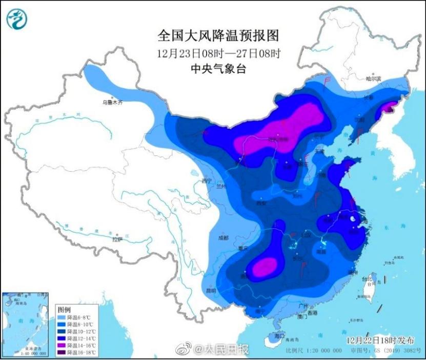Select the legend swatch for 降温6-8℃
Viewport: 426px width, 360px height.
pos(63,317)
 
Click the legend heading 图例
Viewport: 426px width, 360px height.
pos(64,310)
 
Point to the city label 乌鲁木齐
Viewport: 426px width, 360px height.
pos(113,103)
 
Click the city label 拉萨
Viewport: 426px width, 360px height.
pos(117,239)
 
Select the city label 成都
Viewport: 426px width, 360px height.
pos(222,237)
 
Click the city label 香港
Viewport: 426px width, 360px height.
pos(312,312)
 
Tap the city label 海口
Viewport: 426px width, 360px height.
pos(279,335)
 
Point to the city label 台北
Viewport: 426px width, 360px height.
pos(367,279)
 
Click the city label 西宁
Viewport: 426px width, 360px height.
pos(206,181)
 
